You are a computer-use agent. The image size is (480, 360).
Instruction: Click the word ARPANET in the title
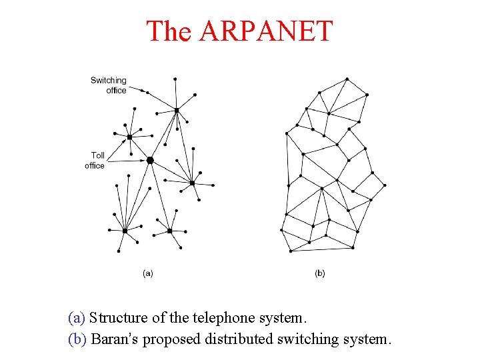pyautogui.click(x=265, y=31)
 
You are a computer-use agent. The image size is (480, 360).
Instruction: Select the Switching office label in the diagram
pyautogui.click(x=109, y=85)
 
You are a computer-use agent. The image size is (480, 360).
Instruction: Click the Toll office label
pyautogui.click(x=95, y=161)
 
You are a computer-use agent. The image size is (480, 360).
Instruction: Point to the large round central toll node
pyautogui.click(x=150, y=160)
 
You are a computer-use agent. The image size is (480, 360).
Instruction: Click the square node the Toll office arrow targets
pyautogui.click(x=130, y=137)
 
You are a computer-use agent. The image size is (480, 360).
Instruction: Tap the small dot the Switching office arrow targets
pyautogui.click(x=147, y=93)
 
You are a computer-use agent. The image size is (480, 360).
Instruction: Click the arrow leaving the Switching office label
pyautogui.click(x=137, y=89)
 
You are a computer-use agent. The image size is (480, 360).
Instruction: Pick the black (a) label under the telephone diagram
pyautogui.click(x=148, y=273)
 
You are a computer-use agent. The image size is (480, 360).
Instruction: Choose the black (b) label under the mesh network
pyautogui.click(x=320, y=273)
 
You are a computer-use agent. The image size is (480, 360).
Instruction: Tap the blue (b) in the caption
pyautogui.click(x=77, y=339)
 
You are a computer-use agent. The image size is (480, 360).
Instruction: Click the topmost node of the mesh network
pyautogui.click(x=347, y=79)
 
